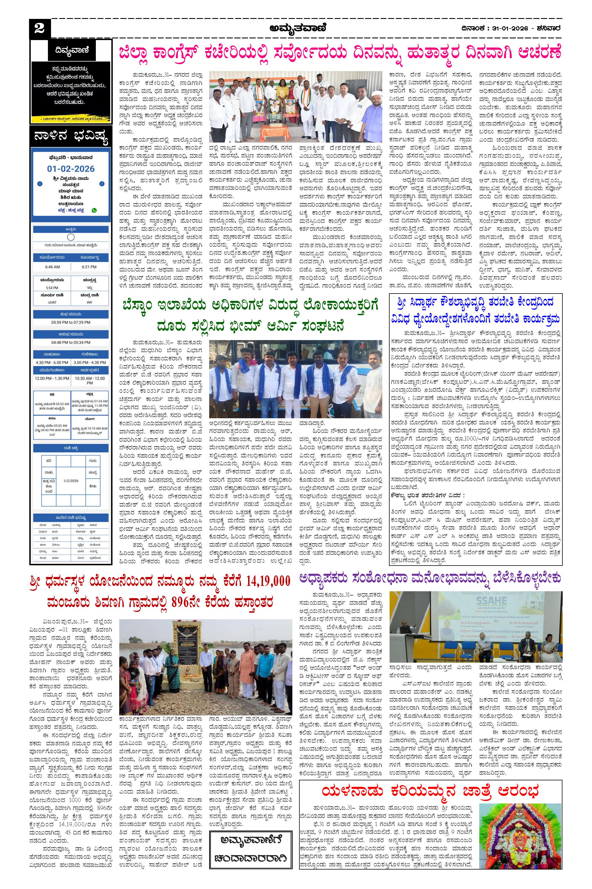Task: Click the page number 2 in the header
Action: click(39, 28)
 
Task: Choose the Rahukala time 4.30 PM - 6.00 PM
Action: click(52, 362)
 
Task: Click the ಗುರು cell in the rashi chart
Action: click(92, 461)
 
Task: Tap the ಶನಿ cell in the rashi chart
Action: click(49, 461)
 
